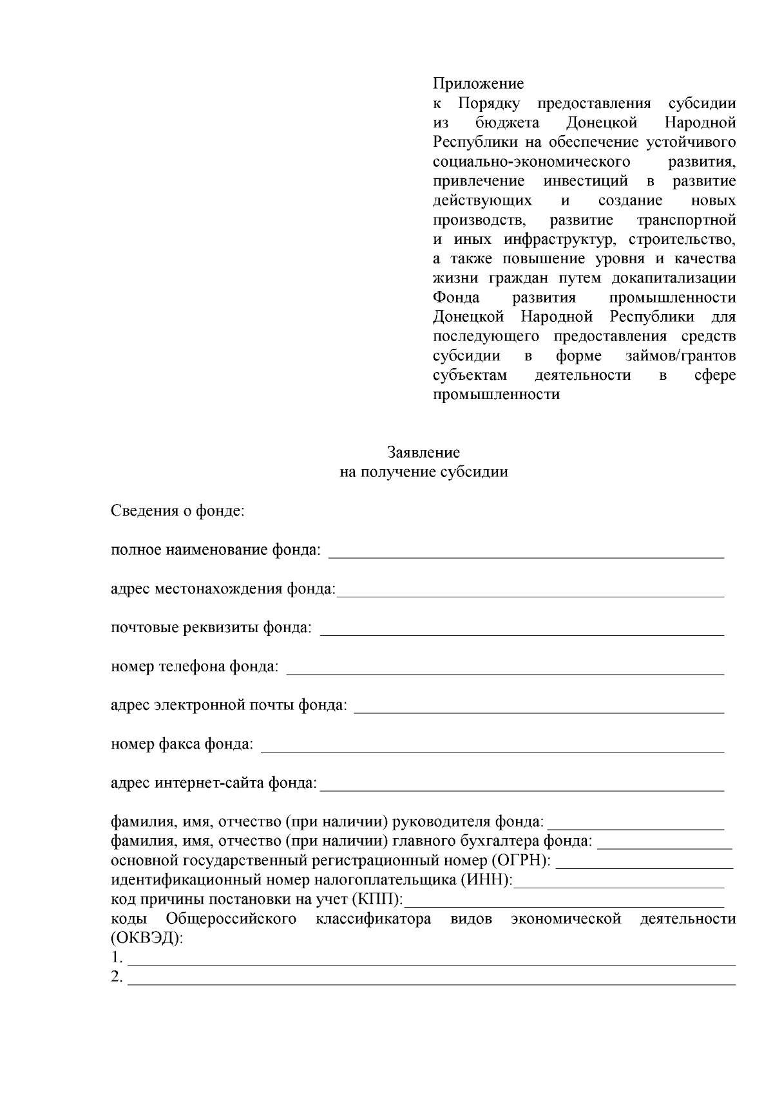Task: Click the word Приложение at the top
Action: (478, 84)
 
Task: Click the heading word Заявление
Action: (423, 453)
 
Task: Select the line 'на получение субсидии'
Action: (423, 472)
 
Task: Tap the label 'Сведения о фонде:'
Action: (177, 512)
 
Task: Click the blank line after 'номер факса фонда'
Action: (492, 747)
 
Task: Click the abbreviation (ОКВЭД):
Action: (147, 939)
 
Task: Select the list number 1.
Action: (117, 958)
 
